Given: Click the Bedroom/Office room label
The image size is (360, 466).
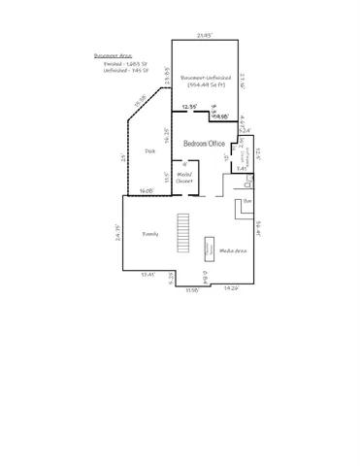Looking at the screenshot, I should pyautogui.click(x=205, y=144).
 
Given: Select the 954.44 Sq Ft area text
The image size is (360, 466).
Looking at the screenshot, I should pyautogui.click(x=206, y=86).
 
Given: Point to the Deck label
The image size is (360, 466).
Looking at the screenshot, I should pyautogui.click(x=150, y=151).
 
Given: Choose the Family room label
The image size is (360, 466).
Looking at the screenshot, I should pyautogui.click(x=150, y=234).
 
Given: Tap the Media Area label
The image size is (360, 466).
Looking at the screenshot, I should pyautogui.click(x=233, y=250).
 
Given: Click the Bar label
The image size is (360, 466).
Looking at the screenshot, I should pyautogui.click(x=247, y=200).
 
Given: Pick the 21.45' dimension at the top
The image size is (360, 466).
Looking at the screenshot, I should pyautogui.click(x=204, y=36).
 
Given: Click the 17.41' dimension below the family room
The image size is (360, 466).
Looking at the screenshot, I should pyautogui.click(x=147, y=276).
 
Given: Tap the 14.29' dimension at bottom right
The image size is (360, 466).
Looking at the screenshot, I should pyautogui.click(x=232, y=288).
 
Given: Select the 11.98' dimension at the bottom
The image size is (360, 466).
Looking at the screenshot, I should pyautogui.click(x=191, y=290).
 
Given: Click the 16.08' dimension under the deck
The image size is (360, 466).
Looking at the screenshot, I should pyautogui.click(x=147, y=191).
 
